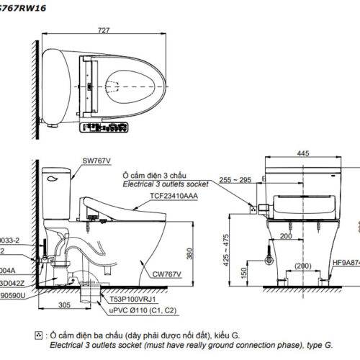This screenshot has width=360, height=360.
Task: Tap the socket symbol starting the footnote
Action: tap(38, 336)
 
